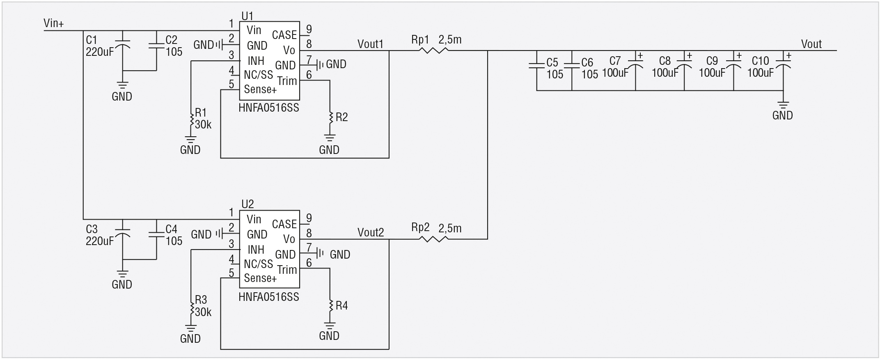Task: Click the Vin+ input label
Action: pos(54,23)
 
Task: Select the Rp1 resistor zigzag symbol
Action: pos(434,50)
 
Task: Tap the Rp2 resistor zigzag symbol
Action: pos(434,239)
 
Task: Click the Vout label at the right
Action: pos(811,44)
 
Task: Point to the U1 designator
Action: pos(247,16)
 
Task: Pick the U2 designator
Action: pos(247,204)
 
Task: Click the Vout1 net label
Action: pos(370,44)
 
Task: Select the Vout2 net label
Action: pos(371,232)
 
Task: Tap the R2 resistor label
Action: pos(341,117)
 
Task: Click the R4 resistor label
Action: pos(341,306)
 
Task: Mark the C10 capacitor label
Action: pos(760,61)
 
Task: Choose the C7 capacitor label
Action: pos(615,61)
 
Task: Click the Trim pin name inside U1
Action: pos(287,81)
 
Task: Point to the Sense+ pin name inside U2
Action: pos(260,278)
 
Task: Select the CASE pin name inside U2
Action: pos(284,224)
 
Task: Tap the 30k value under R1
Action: pos(203,125)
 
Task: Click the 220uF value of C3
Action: pos(100,241)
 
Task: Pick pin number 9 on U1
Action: pos(309,29)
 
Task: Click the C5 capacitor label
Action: pos(552,62)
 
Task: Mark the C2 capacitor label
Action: pos(171,40)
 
